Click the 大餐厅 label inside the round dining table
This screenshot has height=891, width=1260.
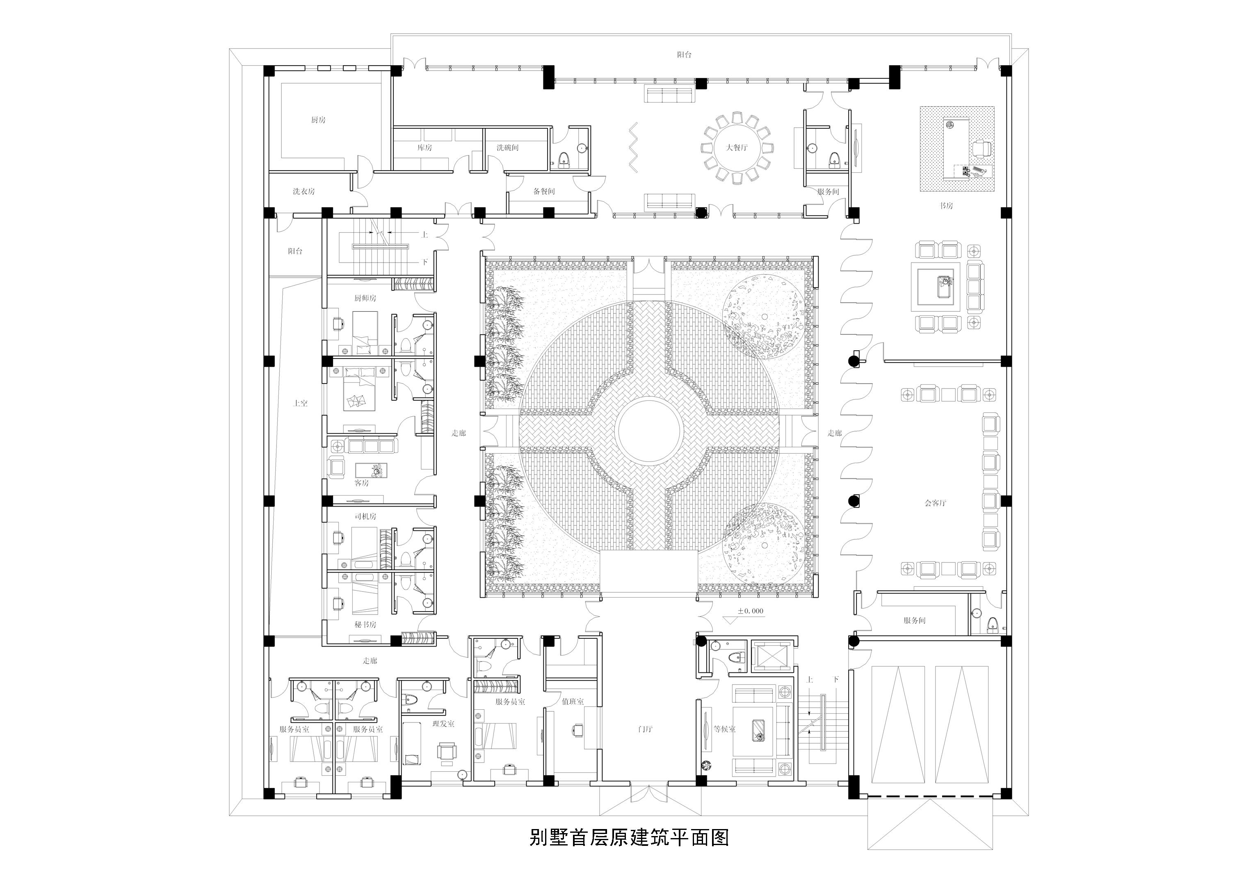pyautogui.click(x=737, y=148)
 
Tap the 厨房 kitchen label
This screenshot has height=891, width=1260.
pyautogui.click(x=318, y=120)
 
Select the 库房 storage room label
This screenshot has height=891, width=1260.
pyautogui.click(x=424, y=148)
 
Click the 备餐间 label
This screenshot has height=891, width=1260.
pyautogui.click(x=544, y=192)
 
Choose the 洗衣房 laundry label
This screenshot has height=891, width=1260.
pyautogui.click(x=304, y=192)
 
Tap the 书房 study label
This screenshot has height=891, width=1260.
pyautogui.click(x=945, y=206)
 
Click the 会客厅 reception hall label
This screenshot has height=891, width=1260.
pyautogui.click(x=935, y=503)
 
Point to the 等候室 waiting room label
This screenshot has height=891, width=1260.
pyautogui.click(x=724, y=729)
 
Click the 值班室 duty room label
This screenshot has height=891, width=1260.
pyautogui.click(x=573, y=701)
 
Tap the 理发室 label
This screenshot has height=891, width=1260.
pyautogui.click(x=443, y=724)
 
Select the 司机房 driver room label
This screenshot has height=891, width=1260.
pyautogui.click(x=365, y=516)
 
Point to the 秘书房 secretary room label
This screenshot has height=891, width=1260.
pyautogui.click(x=365, y=625)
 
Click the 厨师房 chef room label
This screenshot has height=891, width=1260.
pyautogui.click(x=365, y=298)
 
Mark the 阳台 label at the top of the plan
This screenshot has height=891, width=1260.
pyautogui.click(x=684, y=55)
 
